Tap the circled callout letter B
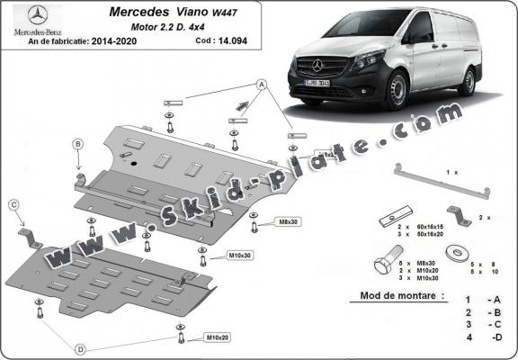point(77,144)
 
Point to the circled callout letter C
point(13,205)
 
